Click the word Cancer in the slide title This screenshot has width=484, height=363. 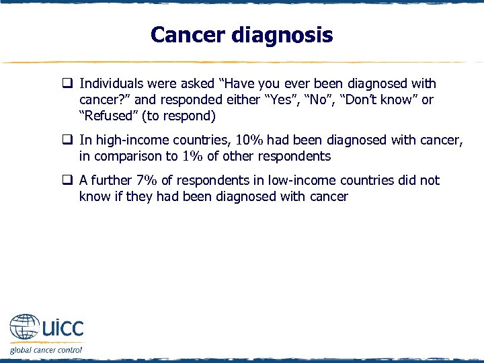[x=187, y=34]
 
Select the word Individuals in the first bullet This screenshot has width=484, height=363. [x=112, y=84]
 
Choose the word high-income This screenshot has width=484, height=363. [x=127, y=140]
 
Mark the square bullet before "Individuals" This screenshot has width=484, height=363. [x=69, y=84]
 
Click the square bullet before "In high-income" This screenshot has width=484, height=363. [x=69, y=140]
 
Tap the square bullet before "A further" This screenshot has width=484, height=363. [x=69, y=180]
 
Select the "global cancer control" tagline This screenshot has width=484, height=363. [x=46, y=350]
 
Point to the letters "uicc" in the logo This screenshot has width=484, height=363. [x=63, y=328]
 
